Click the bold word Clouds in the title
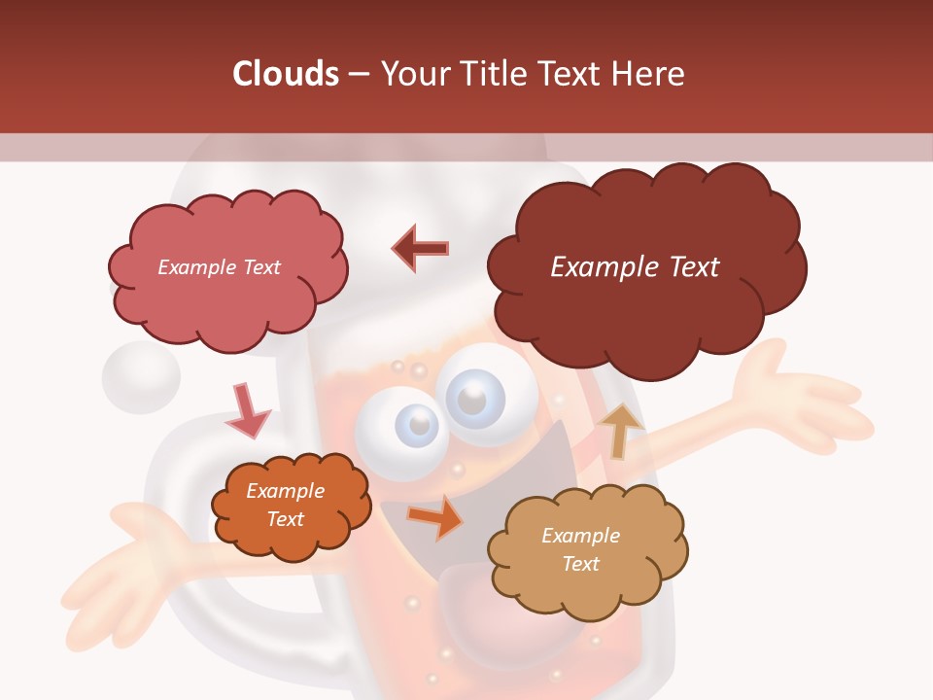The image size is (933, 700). (286, 74)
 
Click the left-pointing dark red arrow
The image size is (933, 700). (420, 248)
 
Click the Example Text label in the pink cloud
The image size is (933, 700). (219, 267)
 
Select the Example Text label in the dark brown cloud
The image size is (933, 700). (635, 267)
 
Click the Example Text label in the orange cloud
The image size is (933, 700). (285, 505)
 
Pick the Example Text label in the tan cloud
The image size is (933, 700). (580, 549)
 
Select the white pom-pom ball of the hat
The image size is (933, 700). (141, 374)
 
